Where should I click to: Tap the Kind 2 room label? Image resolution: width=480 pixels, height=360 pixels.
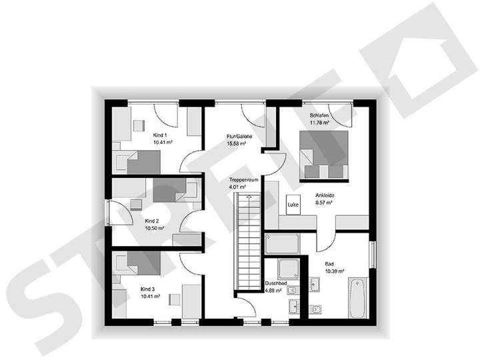coord(152,221)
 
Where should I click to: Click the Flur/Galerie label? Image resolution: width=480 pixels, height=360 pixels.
coord(238,136)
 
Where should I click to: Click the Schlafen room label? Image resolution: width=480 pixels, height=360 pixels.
coord(317,115)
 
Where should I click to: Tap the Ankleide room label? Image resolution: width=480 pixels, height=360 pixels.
coord(325,195)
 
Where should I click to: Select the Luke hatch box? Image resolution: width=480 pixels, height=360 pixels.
coord(293,205)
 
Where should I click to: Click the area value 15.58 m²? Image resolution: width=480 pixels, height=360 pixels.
coord(238,143)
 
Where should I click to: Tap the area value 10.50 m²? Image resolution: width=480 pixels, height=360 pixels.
coord(153,227)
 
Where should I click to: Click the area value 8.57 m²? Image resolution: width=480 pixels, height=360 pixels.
coord(325,203)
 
